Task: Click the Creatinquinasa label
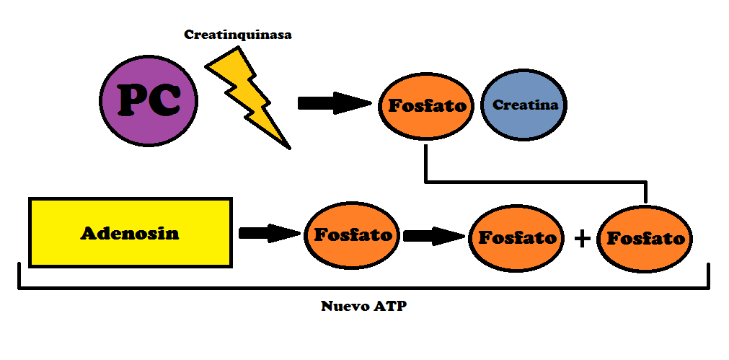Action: [237, 35]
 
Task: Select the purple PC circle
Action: [149, 100]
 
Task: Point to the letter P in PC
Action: [133, 100]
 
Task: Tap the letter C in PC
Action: [165, 100]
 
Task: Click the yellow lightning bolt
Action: [248, 97]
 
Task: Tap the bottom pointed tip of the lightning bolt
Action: [290, 149]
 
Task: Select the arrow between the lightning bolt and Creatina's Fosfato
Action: [335, 103]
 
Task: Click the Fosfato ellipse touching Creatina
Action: [426, 106]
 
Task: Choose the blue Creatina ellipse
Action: [524, 105]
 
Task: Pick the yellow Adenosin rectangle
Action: [131, 232]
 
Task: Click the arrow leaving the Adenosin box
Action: [270, 233]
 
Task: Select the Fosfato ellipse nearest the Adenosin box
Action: [352, 235]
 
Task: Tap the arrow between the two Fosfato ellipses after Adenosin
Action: [434, 236]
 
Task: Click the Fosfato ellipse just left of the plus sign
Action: [516, 238]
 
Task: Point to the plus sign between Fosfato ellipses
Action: [582, 239]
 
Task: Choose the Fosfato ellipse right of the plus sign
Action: [645, 239]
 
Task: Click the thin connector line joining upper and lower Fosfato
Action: [536, 181]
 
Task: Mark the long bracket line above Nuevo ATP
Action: [363, 288]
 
